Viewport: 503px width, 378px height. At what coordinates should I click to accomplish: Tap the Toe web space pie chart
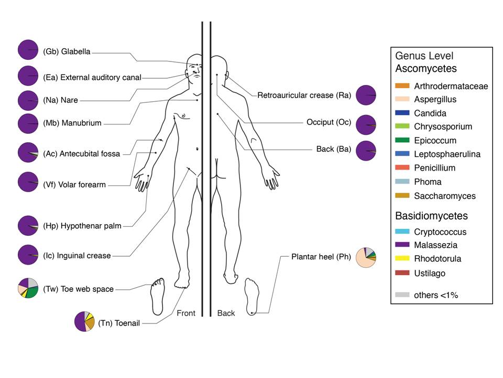(x=28, y=289)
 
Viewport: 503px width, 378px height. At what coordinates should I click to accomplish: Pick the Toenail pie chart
(x=85, y=321)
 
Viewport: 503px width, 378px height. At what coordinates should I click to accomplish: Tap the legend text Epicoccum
(x=435, y=141)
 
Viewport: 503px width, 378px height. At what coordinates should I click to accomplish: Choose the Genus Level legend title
(x=424, y=56)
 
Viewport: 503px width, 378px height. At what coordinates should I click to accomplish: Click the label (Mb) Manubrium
(x=73, y=124)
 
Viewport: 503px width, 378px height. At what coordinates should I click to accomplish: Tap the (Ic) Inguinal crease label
(x=77, y=256)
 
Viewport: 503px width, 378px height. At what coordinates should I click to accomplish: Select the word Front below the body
(x=186, y=313)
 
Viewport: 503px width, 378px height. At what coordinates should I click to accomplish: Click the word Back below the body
(x=226, y=313)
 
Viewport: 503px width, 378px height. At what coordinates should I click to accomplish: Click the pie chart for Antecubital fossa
(x=28, y=153)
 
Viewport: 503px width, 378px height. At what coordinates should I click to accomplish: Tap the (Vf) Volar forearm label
(x=75, y=184)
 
